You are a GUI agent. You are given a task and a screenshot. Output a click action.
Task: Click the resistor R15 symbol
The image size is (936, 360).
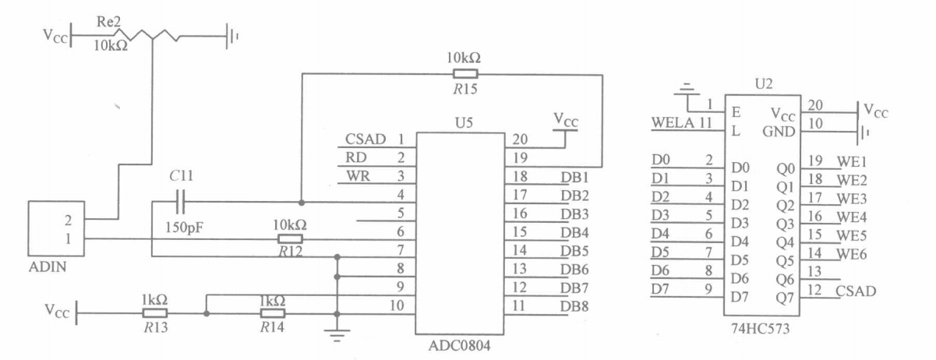pyautogui.click(x=465, y=75)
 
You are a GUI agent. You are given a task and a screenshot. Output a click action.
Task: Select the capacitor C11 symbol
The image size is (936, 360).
pyautogui.click(x=182, y=203)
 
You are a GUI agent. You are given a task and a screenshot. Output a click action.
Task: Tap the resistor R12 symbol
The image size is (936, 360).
pyautogui.click(x=290, y=238)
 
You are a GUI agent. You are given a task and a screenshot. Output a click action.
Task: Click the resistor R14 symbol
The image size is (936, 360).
pyautogui.click(x=273, y=313)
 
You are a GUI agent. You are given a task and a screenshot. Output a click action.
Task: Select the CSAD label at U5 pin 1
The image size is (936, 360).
pyautogui.click(x=365, y=139)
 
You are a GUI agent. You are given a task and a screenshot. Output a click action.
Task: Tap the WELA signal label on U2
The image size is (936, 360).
pyautogui.click(x=670, y=122)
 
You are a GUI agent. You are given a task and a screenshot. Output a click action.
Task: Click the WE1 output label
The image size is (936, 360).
pyautogui.click(x=852, y=162)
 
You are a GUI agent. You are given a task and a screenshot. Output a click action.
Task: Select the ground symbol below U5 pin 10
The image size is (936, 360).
pyautogui.click(x=337, y=337)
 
